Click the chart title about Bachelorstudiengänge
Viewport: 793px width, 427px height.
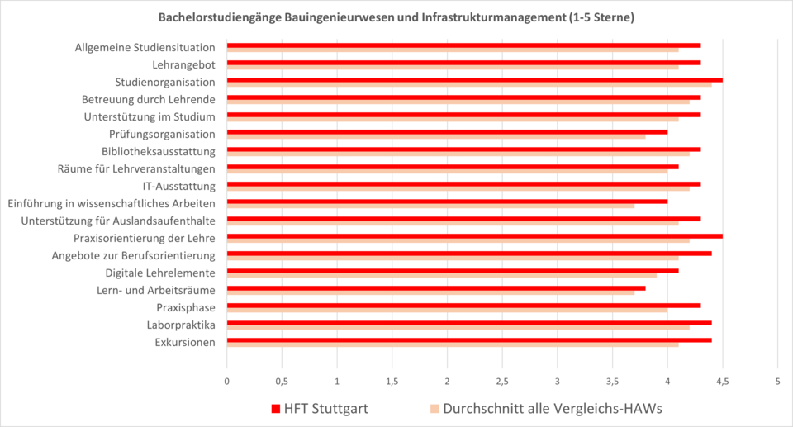pyautogui.click(x=396, y=17)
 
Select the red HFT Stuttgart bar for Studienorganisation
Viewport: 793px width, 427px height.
pyautogui.click(x=474, y=80)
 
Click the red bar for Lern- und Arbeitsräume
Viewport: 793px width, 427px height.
pyautogui.click(x=435, y=288)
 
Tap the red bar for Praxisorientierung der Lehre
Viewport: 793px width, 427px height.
pyautogui.click(x=474, y=236)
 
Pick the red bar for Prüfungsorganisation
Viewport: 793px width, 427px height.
pyautogui.click(x=446, y=132)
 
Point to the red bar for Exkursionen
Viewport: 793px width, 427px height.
pyautogui.click(x=468, y=339)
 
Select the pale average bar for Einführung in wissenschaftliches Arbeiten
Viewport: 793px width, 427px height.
pyautogui.click(x=430, y=206)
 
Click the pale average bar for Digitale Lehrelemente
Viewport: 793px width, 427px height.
pyautogui.click(x=441, y=275)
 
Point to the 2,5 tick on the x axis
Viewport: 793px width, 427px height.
pyautogui.click(x=502, y=382)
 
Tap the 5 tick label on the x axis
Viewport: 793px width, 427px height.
pyautogui.click(x=777, y=382)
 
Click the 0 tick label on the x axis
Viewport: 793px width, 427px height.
pyautogui.click(x=226, y=382)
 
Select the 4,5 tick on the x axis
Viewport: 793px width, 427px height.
pyautogui.click(x=722, y=382)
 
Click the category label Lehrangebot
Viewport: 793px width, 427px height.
pyautogui.click(x=183, y=64)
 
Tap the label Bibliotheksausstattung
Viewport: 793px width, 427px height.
pyautogui.click(x=158, y=151)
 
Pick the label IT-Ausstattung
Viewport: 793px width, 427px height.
pyautogui.click(x=178, y=186)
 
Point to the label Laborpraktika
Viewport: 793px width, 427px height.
pyautogui.click(x=181, y=325)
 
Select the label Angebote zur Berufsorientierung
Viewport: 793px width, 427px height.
pyautogui.click(x=133, y=255)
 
